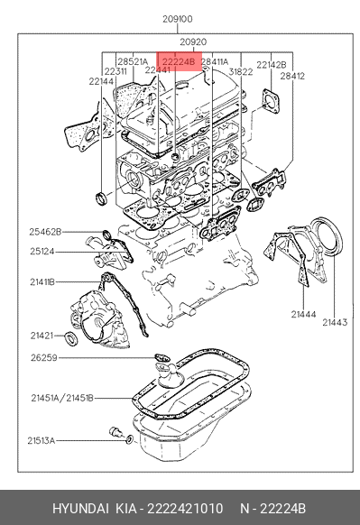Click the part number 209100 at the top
point(178,19)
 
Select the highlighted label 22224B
point(178,62)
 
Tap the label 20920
point(193,42)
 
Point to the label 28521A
point(133,62)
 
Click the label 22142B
point(272,65)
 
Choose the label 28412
point(292,76)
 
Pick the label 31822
point(241,71)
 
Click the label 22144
point(101,81)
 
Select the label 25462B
point(45,232)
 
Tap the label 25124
point(42,251)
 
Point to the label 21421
point(42,336)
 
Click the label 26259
point(44,357)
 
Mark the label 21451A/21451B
point(62,398)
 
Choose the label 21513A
point(41,440)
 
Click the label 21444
point(303,314)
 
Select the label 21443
point(335,322)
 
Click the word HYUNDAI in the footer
point(80,509)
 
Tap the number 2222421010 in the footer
point(185,509)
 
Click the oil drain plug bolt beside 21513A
point(115,431)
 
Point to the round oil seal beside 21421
point(71,338)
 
